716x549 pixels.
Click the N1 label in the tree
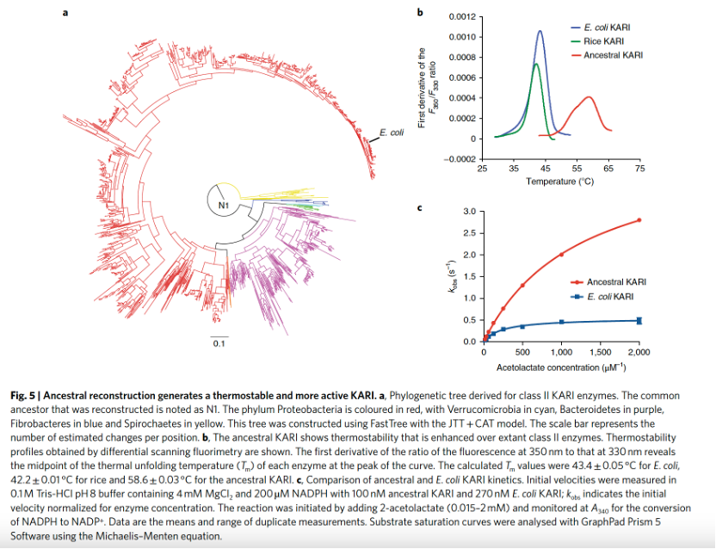coord(221,205)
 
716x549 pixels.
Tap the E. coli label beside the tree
coord(392,133)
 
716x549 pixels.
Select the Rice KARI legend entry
coord(603,41)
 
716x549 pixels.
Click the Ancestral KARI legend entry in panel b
coord(613,55)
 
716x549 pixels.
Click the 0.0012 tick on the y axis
coord(460,17)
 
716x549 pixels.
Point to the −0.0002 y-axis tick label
coord(458,159)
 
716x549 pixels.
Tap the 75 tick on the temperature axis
coord(639,170)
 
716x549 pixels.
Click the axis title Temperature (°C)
coord(560,182)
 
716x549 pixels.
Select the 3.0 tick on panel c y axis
coord(468,212)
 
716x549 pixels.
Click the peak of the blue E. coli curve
coord(540,31)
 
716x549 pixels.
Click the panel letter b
coord(420,13)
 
